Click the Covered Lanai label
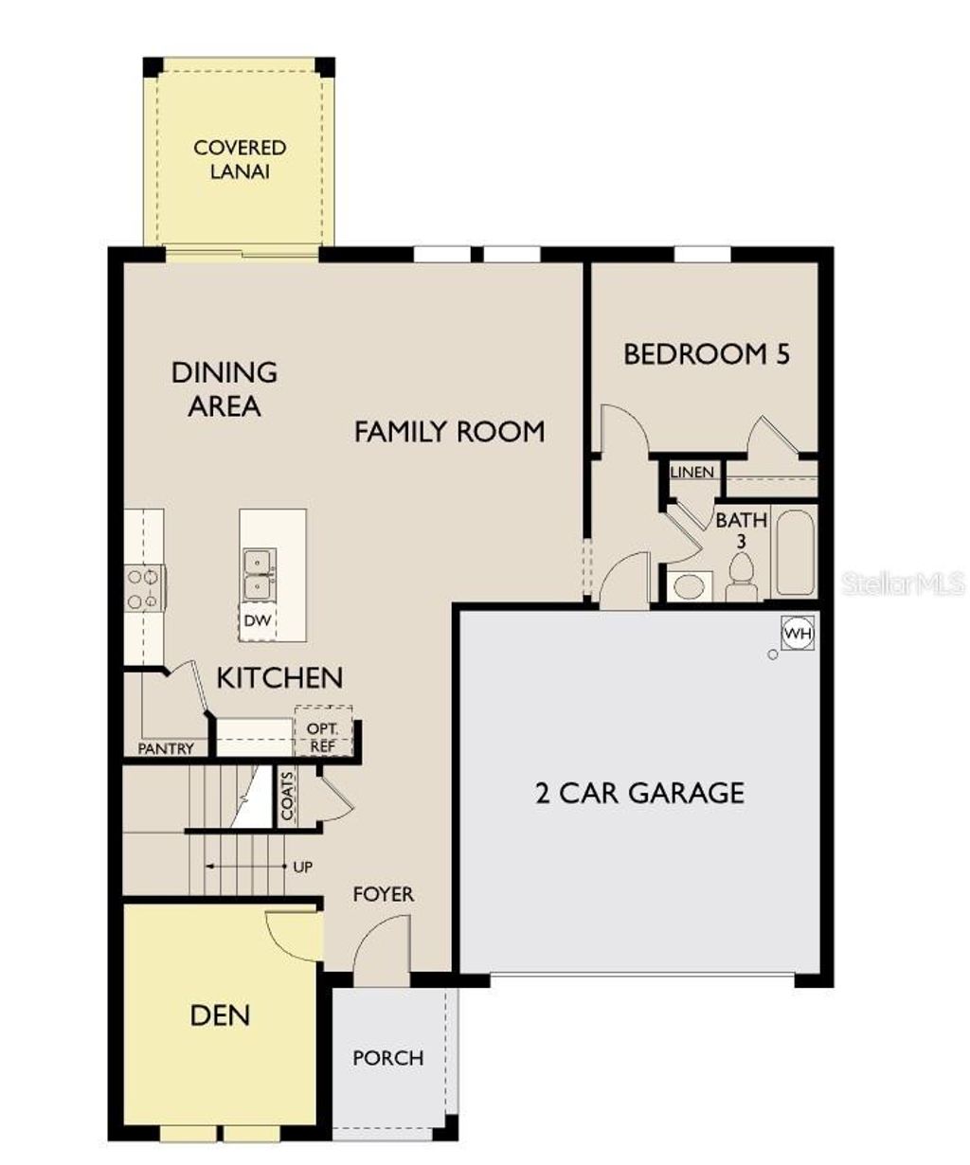tap(240, 159)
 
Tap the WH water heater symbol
tap(798, 633)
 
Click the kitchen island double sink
tap(258, 574)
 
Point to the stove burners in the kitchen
tap(143, 587)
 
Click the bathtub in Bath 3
tap(795, 553)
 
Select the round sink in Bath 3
tap(689, 585)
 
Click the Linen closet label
tap(692, 472)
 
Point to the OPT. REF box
tap(323, 736)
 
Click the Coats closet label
tap(288, 795)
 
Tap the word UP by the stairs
tap(303, 867)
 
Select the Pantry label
tap(166, 748)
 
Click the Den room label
tap(220, 1015)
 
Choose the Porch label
tap(388, 1057)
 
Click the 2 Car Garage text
tap(639, 792)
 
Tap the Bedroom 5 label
tap(706, 354)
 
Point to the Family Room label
tap(449, 432)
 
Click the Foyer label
tap(383, 894)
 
